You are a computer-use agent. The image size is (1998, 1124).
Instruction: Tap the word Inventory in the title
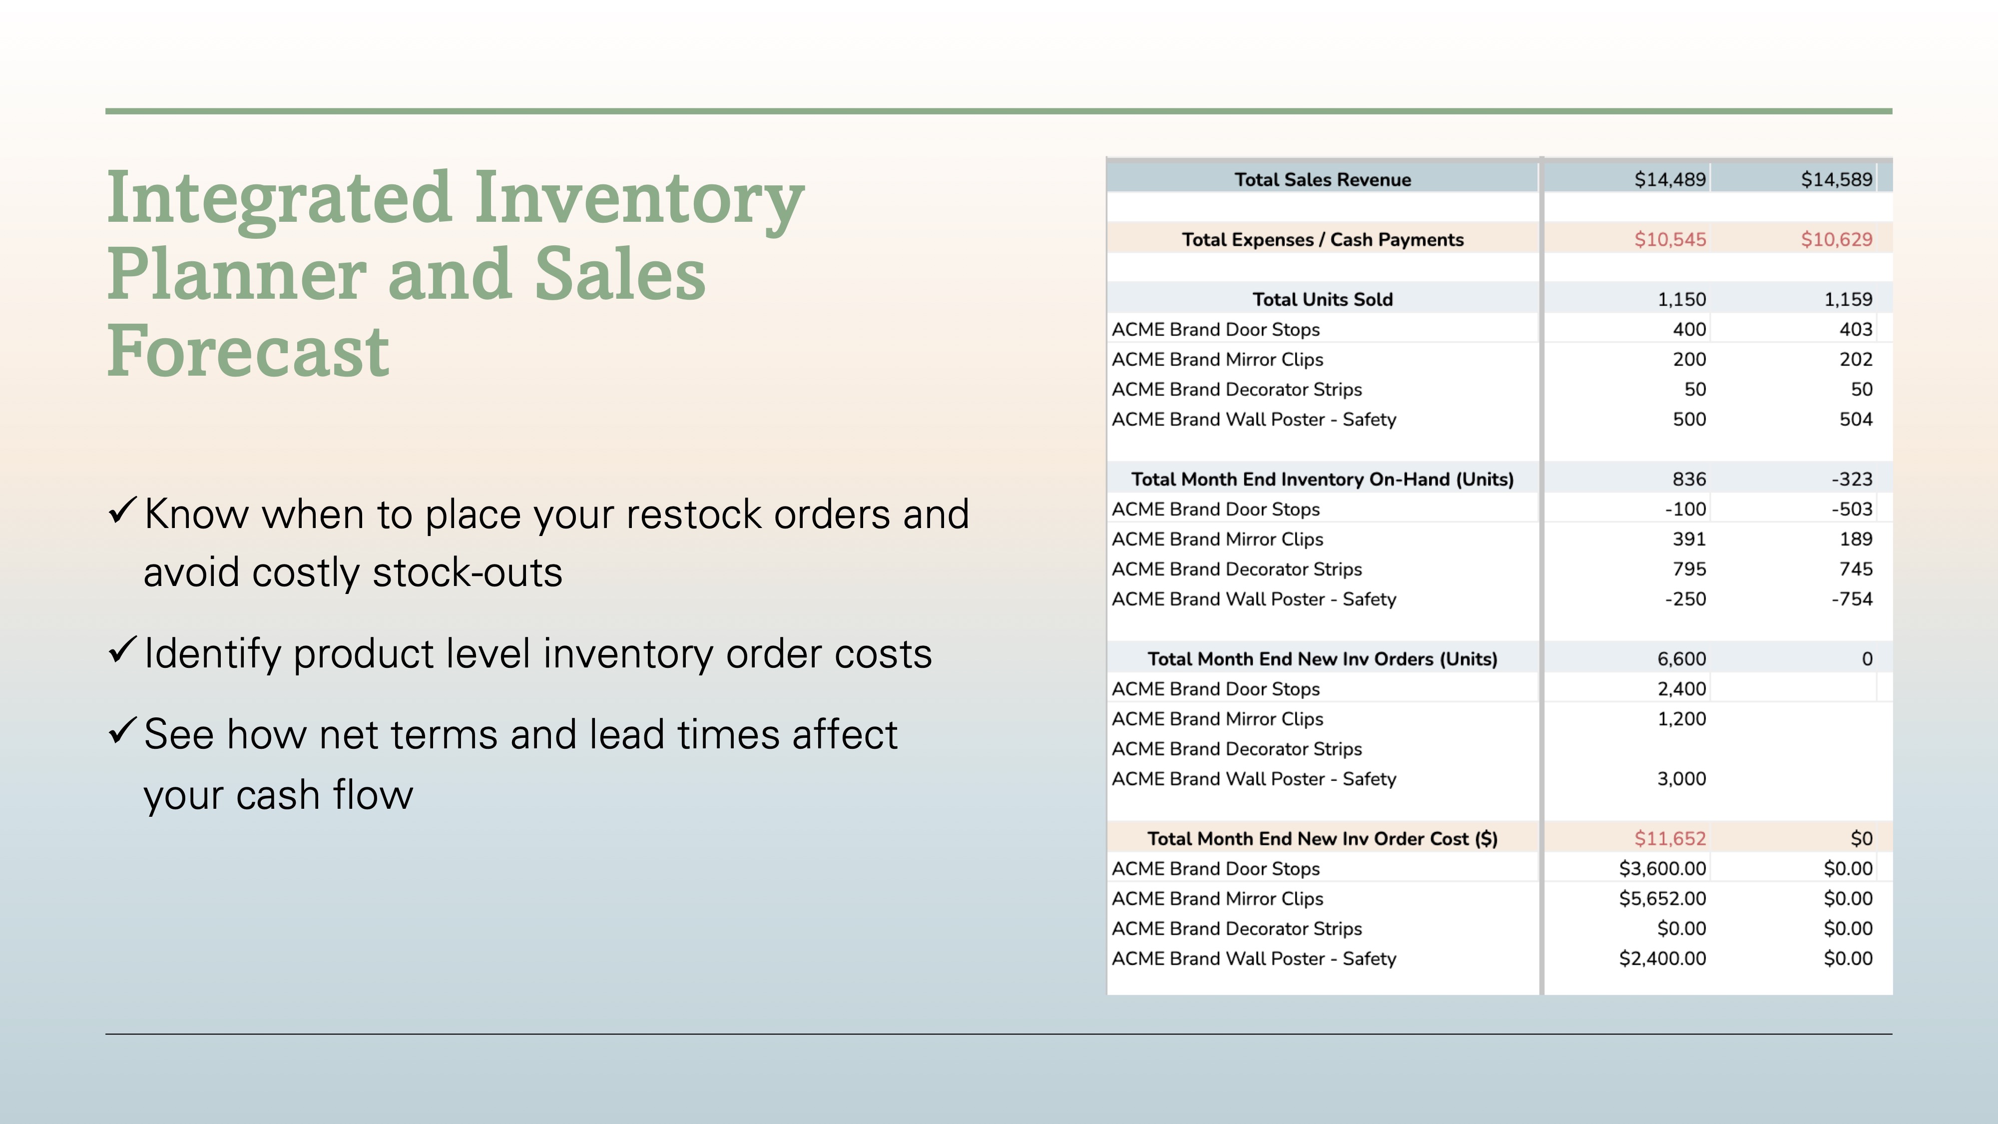[x=639, y=200]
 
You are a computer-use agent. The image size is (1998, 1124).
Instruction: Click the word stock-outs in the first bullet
[x=467, y=572]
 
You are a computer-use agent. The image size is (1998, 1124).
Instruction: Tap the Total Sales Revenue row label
[x=1323, y=180]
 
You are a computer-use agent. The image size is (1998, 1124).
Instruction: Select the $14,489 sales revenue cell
[x=1670, y=180]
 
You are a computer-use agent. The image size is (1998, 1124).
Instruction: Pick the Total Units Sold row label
[x=1323, y=299]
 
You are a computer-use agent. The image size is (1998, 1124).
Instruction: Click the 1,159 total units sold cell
[x=1848, y=299]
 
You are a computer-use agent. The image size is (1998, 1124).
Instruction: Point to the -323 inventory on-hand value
[x=1852, y=480]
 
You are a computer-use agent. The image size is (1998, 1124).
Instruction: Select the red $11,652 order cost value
[x=1670, y=839]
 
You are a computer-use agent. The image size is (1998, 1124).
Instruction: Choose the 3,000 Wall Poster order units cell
[x=1681, y=779]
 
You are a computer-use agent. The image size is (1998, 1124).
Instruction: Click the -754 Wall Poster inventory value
[x=1852, y=599]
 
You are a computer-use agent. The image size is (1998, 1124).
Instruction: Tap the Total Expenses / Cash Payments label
[x=1323, y=240]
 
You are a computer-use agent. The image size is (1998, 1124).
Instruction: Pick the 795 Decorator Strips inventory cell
[x=1689, y=569]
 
